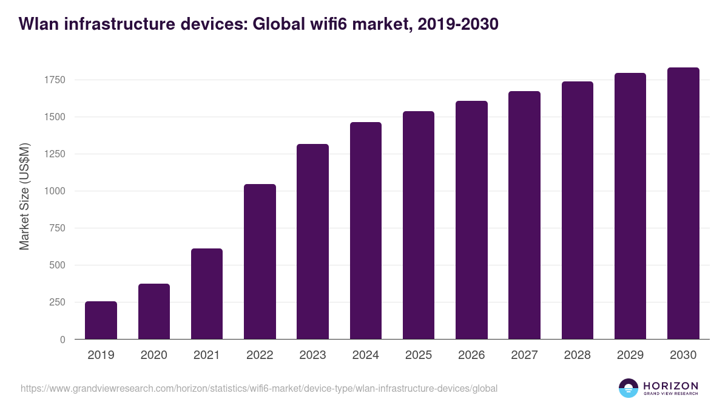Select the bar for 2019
pyautogui.click(x=101, y=320)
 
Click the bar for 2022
pyautogui.click(x=260, y=261)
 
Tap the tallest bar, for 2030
pyautogui.click(x=683, y=203)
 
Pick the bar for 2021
pyautogui.click(x=207, y=294)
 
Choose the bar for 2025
pyautogui.click(x=419, y=225)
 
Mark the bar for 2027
pyautogui.click(x=524, y=215)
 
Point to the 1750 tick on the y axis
pyautogui.click(x=54, y=80)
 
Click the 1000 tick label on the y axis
pyautogui.click(x=54, y=191)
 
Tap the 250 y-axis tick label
pyautogui.click(x=57, y=302)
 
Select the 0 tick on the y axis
pyautogui.click(x=62, y=340)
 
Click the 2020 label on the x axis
pyautogui.click(x=154, y=355)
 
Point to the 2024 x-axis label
pyautogui.click(x=366, y=355)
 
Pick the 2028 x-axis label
pyautogui.click(x=578, y=355)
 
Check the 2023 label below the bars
pyautogui.click(x=312, y=355)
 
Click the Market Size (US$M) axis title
pyautogui.click(x=25, y=196)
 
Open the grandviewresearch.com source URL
pyautogui.click(x=259, y=388)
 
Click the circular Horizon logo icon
pyautogui.click(x=629, y=388)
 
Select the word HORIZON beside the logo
pyautogui.click(x=670, y=385)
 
